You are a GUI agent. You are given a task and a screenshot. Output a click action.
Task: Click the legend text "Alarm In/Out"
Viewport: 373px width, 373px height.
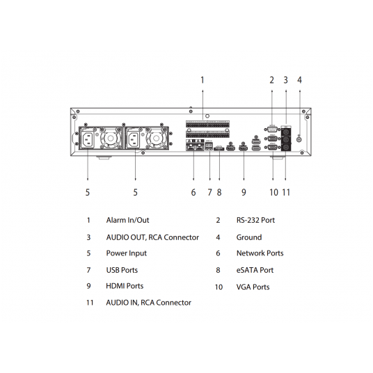click(127, 221)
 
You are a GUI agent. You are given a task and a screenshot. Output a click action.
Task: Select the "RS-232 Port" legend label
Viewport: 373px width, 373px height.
click(255, 221)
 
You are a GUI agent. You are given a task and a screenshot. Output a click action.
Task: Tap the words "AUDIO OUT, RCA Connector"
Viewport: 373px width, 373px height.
click(152, 237)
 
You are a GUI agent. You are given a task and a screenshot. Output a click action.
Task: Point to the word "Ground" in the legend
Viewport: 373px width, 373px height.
click(249, 237)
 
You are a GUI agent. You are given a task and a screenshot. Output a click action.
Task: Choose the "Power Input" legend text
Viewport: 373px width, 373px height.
click(126, 254)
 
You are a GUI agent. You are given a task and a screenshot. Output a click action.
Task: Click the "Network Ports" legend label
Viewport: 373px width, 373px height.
click(260, 254)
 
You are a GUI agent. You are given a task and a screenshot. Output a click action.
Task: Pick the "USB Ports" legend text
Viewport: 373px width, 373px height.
click(122, 270)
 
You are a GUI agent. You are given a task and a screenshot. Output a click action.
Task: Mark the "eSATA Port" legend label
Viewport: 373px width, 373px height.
click(255, 270)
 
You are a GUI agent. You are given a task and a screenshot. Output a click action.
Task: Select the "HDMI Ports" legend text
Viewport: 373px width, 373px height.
click(125, 286)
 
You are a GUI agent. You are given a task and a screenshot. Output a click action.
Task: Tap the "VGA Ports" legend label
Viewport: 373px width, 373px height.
click(253, 287)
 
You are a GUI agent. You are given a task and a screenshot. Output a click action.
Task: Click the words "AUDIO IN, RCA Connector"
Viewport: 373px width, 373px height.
click(148, 303)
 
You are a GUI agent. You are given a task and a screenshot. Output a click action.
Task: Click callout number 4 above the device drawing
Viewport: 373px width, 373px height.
click(299, 80)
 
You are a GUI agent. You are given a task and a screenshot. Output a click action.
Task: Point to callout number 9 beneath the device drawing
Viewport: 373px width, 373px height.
click(244, 192)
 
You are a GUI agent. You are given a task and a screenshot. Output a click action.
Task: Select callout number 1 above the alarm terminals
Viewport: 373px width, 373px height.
click(203, 80)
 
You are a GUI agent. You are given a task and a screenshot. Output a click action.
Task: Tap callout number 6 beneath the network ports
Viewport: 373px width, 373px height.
click(193, 192)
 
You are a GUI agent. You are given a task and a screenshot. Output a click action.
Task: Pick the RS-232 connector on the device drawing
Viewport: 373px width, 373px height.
click(271, 128)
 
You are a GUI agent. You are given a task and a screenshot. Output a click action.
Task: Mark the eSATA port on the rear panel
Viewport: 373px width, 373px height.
click(219, 148)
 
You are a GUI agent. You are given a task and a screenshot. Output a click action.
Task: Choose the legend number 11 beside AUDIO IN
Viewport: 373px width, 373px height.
click(90, 303)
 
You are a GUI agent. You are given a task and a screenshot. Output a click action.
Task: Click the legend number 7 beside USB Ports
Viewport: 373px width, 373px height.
click(88, 270)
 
